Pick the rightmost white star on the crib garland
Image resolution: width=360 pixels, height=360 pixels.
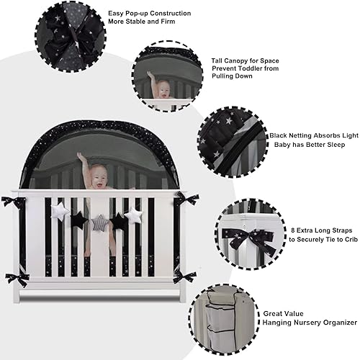133,215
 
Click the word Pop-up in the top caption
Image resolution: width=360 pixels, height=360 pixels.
158,13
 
